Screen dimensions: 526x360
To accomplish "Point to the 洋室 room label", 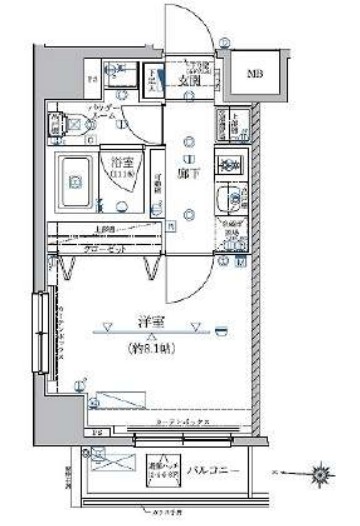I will [149, 321].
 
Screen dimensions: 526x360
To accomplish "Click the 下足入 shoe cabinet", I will [155, 79].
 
